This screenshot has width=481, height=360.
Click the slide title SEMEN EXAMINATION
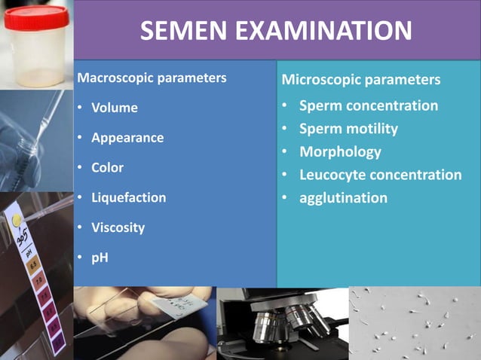coord(276,31)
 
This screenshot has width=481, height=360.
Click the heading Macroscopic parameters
coord(152,78)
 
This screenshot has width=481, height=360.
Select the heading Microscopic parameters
coord(360,79)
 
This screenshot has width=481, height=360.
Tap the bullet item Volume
coord(114,108)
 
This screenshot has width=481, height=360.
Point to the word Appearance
coord(127,138)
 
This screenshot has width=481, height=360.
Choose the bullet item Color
coord(107,167)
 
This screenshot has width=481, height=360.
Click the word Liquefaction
coord(128,197)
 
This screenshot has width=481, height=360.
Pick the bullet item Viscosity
coord(118,227)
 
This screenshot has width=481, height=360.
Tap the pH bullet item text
coord(100,257)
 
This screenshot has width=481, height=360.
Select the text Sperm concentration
coord(368,105)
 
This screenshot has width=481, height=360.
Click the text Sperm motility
coord(348,129)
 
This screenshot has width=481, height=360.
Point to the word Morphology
coord(340,151)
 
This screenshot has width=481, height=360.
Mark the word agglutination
coord(343,198)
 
